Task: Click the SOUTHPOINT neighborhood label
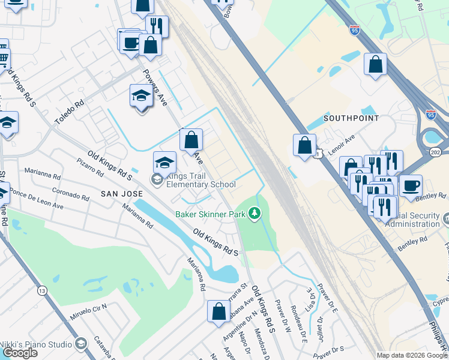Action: point(351,118)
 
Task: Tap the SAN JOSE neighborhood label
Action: point(121,194)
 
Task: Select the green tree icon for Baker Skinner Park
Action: point(255,214)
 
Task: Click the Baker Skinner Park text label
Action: point(210,214)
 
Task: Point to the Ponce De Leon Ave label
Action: point(37,200)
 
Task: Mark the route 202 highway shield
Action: point(436,153)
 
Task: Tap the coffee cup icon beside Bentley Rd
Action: point(411,186)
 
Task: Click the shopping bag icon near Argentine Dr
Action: point(218,311)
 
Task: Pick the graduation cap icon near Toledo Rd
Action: point(141,97)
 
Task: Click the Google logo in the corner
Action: point(20,352)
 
